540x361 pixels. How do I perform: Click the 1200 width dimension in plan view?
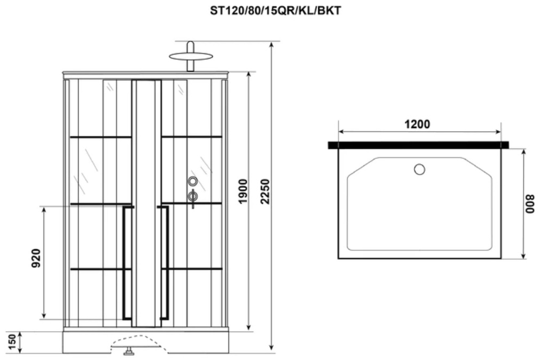coord(417,124)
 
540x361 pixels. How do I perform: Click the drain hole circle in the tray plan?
coord(420,170)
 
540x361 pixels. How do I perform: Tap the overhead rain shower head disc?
coord(191,56)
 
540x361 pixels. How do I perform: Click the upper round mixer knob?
coord(193,181)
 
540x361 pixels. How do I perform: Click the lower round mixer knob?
coord(193,196)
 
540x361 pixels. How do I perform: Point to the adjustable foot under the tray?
coord(128,352)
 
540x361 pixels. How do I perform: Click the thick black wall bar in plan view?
coord(418,145)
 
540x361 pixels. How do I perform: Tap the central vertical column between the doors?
coord(146,203)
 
